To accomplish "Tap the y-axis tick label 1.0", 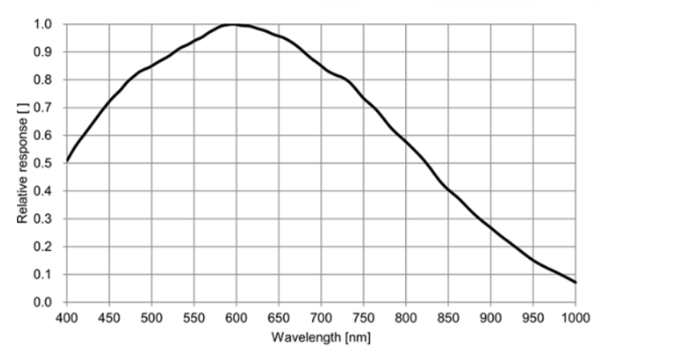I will click(x=44, y=24).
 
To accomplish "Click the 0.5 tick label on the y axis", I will click(x=44, y=163).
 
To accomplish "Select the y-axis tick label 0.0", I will click(x=44, y=303).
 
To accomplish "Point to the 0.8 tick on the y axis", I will click(x=44, y=80).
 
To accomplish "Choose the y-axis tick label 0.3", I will click(x=44, y=219).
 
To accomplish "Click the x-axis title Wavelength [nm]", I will click(x=321, y=336).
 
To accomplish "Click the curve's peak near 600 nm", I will click(x=234, y=24).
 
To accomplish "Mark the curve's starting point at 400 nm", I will click(x=67, y=160).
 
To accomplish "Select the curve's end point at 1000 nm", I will click(x=575, y=282).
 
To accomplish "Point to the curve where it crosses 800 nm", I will click(x=406, y=142).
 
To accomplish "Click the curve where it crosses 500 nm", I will click(x=151, y=66).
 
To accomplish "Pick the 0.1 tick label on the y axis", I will click(x=44, y=275).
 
